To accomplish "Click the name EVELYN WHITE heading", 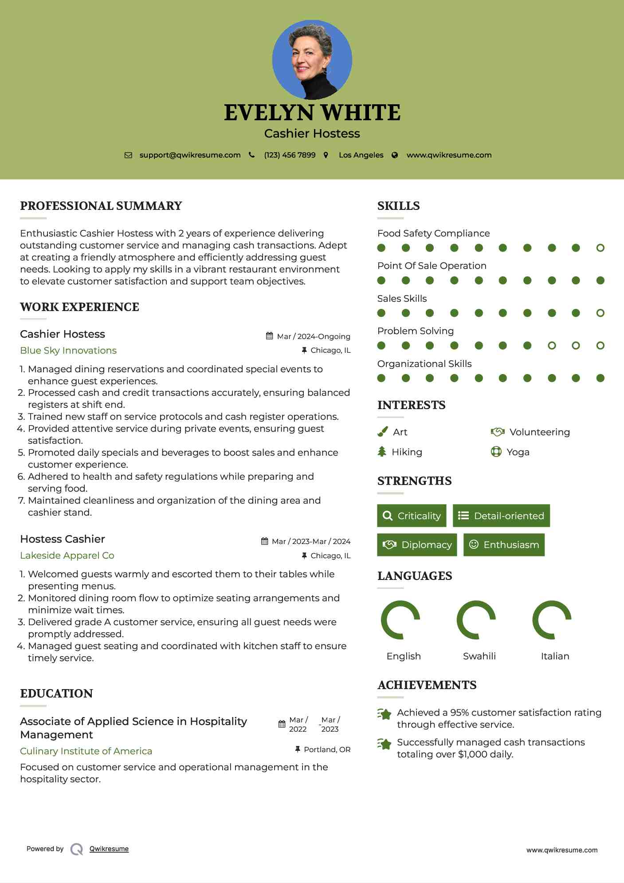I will coord(312,113).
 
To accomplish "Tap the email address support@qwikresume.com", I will coord(190,155).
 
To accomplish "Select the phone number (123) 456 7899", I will coord(290,155).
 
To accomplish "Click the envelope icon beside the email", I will coord(128,155).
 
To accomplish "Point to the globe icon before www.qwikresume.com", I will coord(395,155).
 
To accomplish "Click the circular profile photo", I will coord(312,59).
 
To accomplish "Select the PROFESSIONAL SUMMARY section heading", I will coord(101,206).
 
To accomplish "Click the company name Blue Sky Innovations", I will coord(68,351).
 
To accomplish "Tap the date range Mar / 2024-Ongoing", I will coord(314,336).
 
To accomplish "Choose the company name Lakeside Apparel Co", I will coord(67,556).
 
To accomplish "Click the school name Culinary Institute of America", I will coord(86,751).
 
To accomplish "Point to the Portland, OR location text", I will coord(327,749).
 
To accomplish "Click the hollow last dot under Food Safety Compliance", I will coord(600,248).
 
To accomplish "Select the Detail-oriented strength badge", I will coord(501,516).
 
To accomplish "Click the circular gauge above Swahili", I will coord(476,620).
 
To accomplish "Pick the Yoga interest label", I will coord(518,452).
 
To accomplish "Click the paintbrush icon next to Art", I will coord(382,432).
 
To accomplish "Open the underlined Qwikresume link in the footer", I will coord(109,849).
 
